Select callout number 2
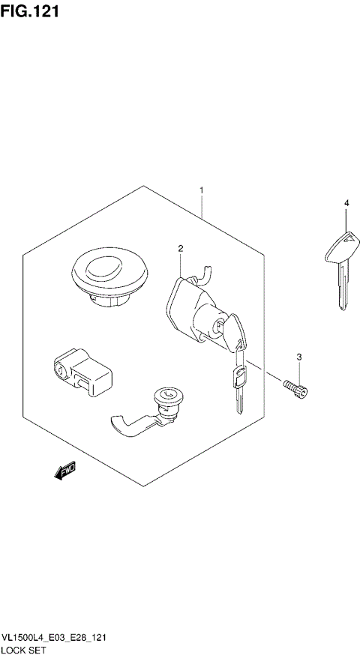click(181, 248)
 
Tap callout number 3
click(298, 356)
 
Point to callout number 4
click(346, 203)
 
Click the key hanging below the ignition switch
click(238, 386)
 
